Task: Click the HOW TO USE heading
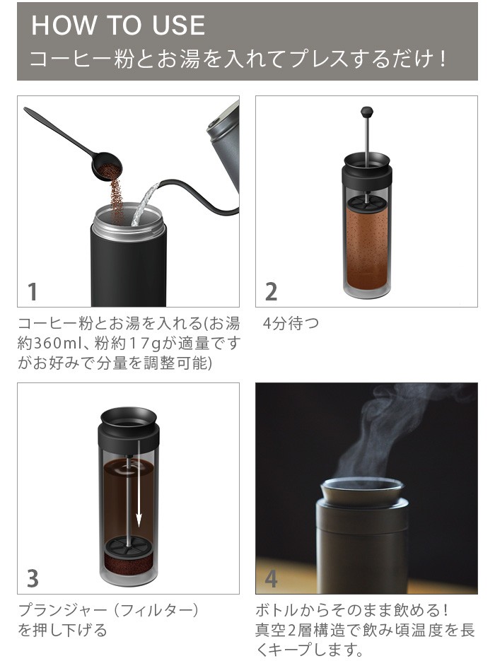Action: click(118, 25)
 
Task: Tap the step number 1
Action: click(33, 292)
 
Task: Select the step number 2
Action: click(271, 292)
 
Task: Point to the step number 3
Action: click(33, 578)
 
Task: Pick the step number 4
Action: click(271, 578)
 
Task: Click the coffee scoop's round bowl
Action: click(107, 167)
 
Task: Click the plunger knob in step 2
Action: click(367, 112)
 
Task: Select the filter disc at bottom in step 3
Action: click(129, 546)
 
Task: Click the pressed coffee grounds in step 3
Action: click(129, 564)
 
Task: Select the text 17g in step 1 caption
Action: click(145, 344)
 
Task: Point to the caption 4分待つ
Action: click(291, 323)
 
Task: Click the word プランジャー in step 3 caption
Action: click(63, 610)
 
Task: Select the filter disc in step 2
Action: click(366, 202)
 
